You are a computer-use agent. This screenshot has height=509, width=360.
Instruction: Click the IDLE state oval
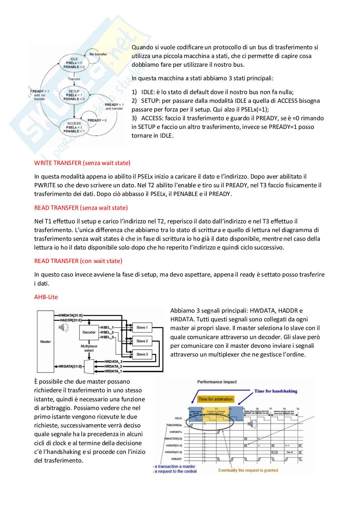74,63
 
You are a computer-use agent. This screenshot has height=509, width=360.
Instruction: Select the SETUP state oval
74,95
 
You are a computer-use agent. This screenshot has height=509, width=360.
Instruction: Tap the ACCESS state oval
74,127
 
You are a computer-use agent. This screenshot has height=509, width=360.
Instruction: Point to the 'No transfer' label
98,54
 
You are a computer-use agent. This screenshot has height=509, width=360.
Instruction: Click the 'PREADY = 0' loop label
97,120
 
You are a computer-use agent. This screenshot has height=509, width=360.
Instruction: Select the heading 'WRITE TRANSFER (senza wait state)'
82,163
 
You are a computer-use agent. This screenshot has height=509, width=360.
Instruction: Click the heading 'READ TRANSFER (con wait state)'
78,261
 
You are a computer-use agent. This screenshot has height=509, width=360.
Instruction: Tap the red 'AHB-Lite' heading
46,297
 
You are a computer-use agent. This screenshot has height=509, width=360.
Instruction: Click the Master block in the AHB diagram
45,341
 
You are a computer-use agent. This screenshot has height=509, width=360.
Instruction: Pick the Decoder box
89,332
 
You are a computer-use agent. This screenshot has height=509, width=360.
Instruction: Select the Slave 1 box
142,328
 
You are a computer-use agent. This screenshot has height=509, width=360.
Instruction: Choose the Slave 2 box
142,341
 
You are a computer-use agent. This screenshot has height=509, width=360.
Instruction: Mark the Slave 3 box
142,354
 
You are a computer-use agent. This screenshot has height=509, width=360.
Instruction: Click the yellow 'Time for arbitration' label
215,399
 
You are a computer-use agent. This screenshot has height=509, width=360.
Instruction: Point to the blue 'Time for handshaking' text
276,391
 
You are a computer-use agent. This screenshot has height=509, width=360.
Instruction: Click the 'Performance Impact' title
217,382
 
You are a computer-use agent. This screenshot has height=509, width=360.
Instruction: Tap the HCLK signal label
178,418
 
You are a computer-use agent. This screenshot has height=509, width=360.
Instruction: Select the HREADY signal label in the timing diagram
176,459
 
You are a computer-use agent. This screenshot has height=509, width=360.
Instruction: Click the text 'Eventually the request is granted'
248,470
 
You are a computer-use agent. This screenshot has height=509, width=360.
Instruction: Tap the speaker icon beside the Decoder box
64,328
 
